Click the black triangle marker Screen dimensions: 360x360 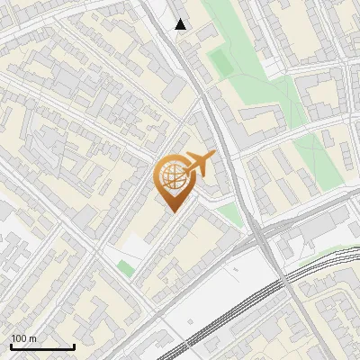pos(181,24)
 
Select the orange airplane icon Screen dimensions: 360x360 pos(201,165)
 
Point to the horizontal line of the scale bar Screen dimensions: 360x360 pos(42,346)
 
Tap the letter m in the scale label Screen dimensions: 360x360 pos(34,338)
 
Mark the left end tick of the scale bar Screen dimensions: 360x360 pos(11,345)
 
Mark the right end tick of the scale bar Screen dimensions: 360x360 pos(74,345)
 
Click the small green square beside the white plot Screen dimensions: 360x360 pos(126,267)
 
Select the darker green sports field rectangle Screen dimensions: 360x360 pos(220,60)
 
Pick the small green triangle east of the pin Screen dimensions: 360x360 pos(231,215)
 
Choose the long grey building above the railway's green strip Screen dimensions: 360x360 pos(315,229)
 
